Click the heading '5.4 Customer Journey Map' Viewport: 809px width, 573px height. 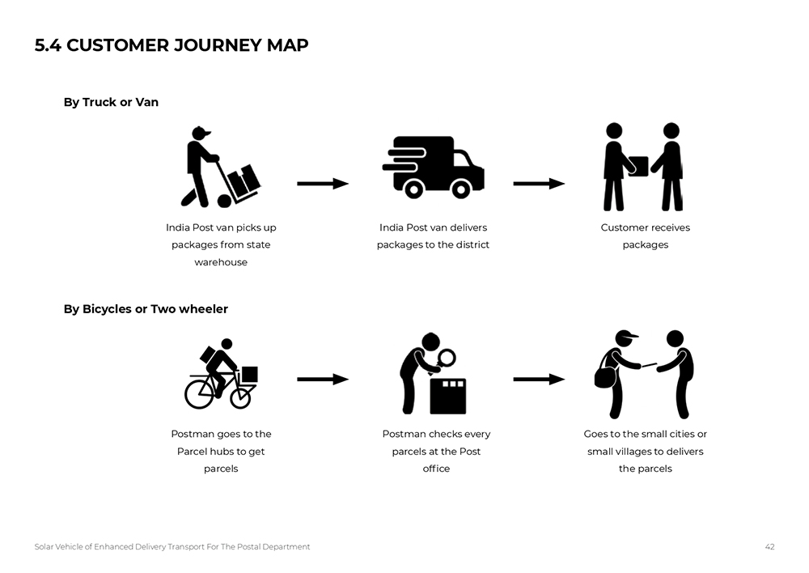click(172, 45)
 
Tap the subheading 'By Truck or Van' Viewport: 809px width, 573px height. click(111, 102)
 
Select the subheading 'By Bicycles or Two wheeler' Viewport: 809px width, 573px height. click(146, 309)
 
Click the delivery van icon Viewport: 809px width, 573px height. click(434, 167)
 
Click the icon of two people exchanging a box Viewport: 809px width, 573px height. click(644, 167)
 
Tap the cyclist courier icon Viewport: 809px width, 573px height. click(220, 374)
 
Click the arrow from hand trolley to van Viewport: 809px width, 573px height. click(322, 184)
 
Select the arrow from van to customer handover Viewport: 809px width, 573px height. click(539, 184)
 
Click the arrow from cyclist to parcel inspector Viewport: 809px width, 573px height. click(322, 379)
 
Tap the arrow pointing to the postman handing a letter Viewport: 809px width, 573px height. click(539, 379)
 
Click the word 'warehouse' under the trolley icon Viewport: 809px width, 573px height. click(221, 262)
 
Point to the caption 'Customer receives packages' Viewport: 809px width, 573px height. click(645, 236)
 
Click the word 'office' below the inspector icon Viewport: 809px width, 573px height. click(436, 469)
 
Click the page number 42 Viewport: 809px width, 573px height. click(769, 547)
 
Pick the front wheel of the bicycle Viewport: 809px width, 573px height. click(241, 395)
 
